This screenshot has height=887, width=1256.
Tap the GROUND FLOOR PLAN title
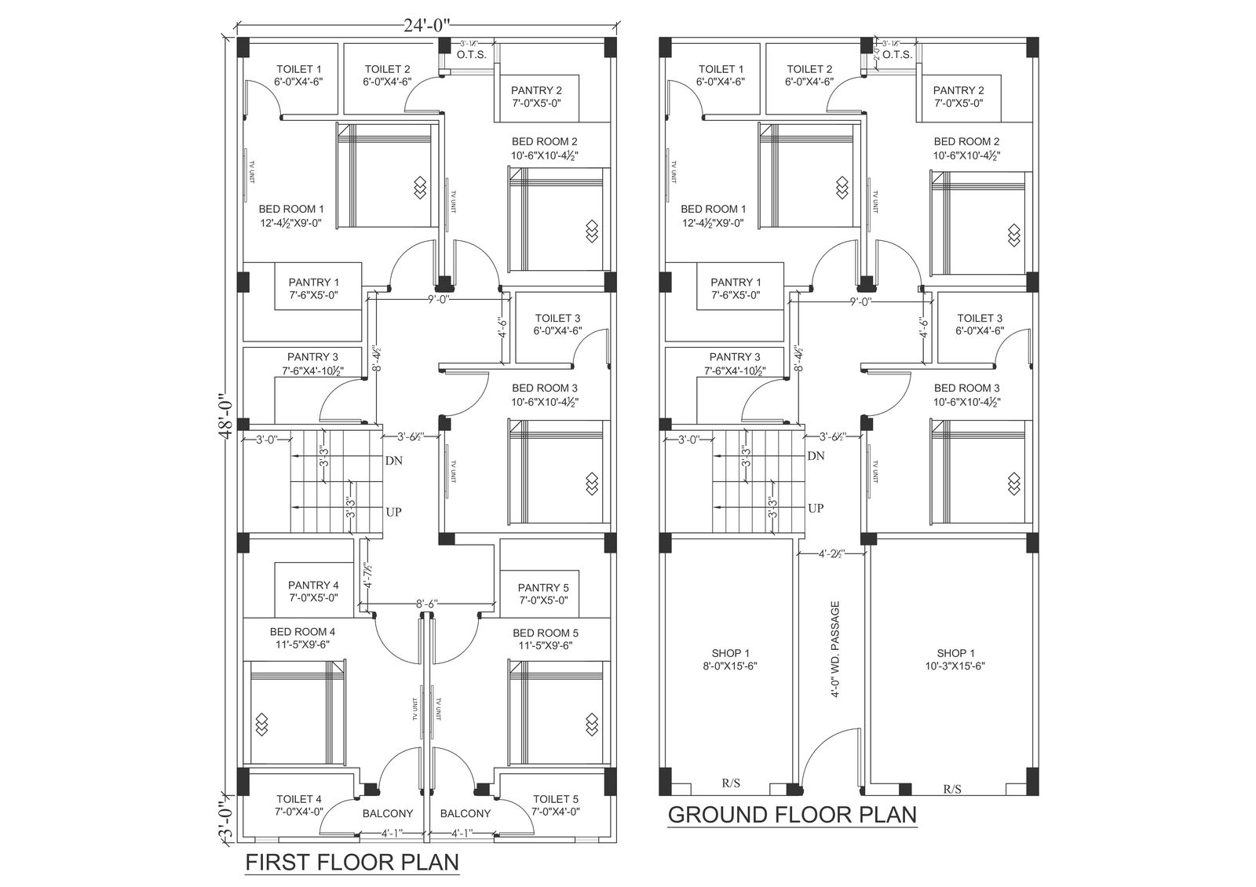click(x=792, y=814)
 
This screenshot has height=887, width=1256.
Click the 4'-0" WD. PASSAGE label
click(x=834, y=649)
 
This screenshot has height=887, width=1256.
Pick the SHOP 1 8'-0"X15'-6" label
click(x=730, y=659)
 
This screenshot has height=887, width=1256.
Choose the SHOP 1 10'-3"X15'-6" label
click(x=955, y=659)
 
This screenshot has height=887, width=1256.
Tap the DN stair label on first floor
click(x=393, y=461)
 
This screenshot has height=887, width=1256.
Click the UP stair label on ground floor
click(x=816, y=509)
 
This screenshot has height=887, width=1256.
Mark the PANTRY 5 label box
click(x=543, y=593)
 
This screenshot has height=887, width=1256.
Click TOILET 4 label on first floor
click(x=298, y=805)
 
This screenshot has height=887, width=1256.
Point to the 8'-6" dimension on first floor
click(x=427, y=604)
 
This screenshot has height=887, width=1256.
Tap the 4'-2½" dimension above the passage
click(x=831, y=554)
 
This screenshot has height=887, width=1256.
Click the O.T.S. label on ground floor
click(x=896, y=55)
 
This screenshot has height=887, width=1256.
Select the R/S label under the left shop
click(x=730, y=783)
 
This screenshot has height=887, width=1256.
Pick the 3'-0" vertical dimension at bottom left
click(x=226, y=816)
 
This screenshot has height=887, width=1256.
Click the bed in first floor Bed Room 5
click(x=559, y=712)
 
